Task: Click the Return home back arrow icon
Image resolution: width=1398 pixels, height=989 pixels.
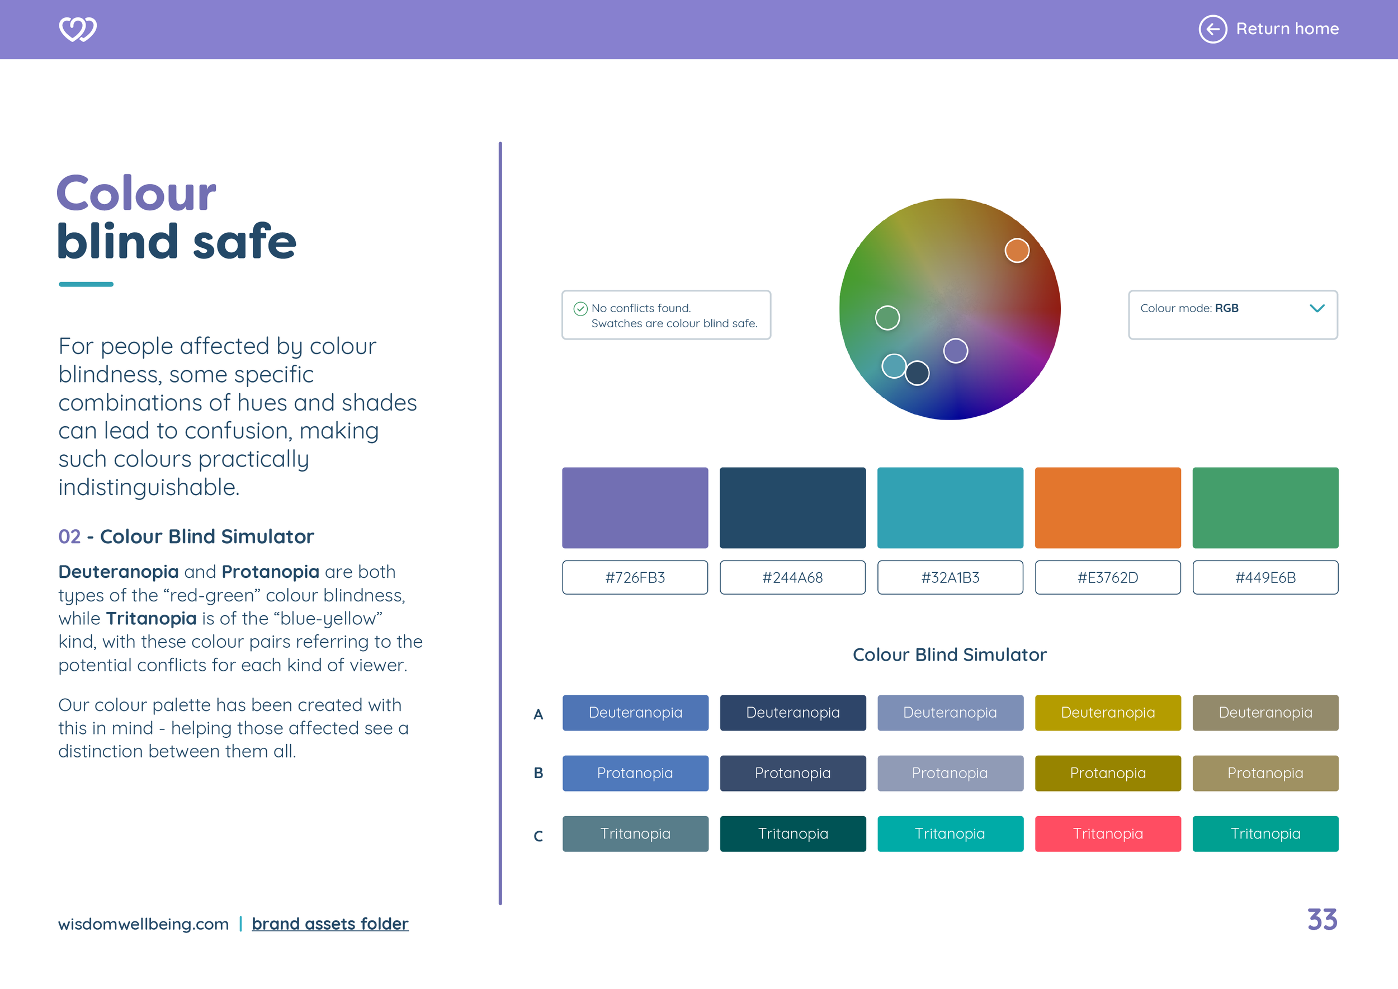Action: pos(1212,29)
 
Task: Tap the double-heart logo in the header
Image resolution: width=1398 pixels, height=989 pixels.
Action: pos(77,29)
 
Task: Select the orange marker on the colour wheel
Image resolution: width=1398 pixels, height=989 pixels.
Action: pos(1017,250)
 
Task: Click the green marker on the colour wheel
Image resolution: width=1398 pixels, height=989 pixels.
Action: pos(887,317)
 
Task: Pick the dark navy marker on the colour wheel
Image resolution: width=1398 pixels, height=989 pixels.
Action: pos(917,373)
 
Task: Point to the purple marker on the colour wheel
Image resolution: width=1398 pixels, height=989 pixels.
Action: pos(955,351)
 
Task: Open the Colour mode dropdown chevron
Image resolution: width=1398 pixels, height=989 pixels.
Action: pos(1316,308)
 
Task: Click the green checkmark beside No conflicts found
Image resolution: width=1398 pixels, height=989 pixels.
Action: pos(580,309)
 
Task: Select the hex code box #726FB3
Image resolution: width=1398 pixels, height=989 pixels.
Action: pos(635,577)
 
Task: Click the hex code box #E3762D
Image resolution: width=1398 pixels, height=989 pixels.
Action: pos(1108,577)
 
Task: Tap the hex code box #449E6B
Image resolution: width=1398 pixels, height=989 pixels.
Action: pos(1265,577)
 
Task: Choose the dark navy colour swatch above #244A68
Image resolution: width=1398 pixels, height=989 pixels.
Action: pos(792,507)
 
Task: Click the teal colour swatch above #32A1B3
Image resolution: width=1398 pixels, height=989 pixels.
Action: pos(950,507)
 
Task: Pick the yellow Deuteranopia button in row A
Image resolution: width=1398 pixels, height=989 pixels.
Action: pos(1108,713)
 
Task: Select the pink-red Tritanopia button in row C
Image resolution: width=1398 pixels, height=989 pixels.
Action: pos(1108,833)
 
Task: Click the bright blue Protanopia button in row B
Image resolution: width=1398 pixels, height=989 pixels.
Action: pos(635,773)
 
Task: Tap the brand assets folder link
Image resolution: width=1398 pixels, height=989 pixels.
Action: pos(330,924)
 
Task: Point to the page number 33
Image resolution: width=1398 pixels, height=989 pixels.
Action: pos(1322,920)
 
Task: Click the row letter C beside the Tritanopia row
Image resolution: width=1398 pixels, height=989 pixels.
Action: pos(539,836)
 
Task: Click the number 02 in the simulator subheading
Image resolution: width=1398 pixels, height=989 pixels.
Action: pos(69,536)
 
